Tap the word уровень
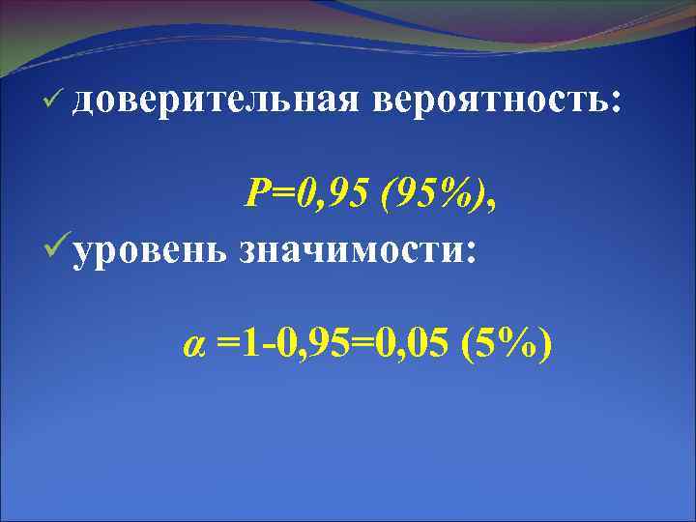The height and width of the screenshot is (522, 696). tap(148, 250)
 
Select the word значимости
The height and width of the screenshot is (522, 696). tap(350, 250)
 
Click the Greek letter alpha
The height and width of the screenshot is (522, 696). tap(193, 344)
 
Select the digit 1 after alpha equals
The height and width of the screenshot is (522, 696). tap(249, 344)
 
